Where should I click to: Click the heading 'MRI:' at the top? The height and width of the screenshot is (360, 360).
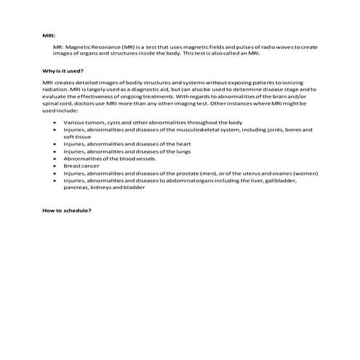[48, 34]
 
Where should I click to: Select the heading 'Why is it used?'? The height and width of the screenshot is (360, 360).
[63, 71]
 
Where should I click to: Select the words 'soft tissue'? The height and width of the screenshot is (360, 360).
[78, 137]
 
